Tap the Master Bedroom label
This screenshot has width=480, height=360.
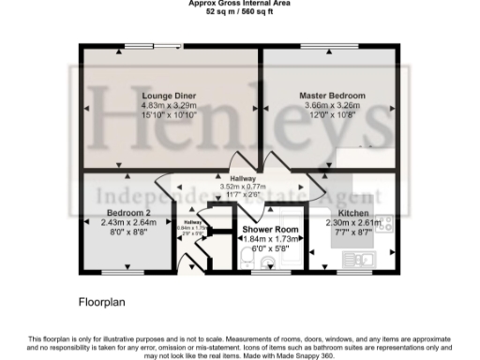[x=332, y=97]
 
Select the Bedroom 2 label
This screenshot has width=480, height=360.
[x=127, y=213]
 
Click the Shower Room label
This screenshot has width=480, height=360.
[x=270, y=230]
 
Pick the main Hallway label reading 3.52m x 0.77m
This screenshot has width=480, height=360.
[x=242, y=177]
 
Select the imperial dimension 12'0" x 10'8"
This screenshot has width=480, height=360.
[x=332, y=115]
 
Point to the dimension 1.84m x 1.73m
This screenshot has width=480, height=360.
[x=270, y=239]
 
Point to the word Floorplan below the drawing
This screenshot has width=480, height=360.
[x=101, y=304]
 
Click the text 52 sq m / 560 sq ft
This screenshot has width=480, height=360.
[x=239, y=10]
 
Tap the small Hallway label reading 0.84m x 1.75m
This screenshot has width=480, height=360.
[x=192, y=225]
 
